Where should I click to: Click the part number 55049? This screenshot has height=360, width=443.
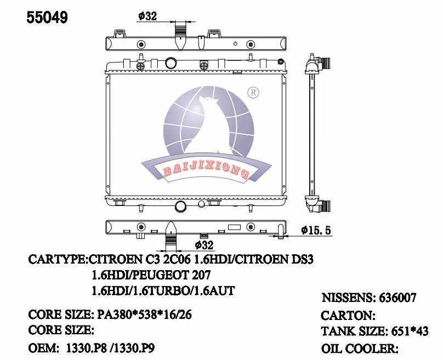(48, 18)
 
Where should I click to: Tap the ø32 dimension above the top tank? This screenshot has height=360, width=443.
(147, 16)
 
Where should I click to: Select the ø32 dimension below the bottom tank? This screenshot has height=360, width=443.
(203, 245)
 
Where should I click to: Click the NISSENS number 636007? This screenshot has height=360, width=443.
(397, 298)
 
